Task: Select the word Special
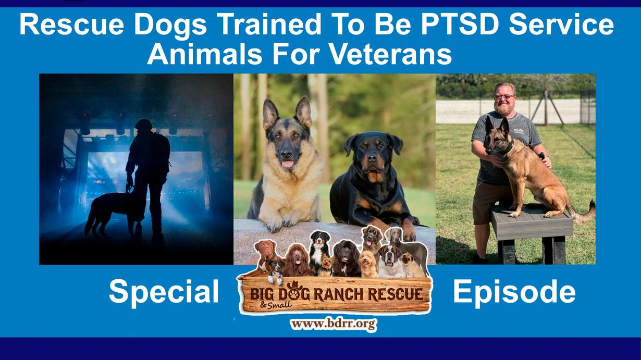click(164, 292)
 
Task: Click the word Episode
click(514, 291)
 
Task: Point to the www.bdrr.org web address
click(334, 324)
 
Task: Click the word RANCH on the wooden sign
click(339, 295)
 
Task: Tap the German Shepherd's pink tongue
click(288, 164)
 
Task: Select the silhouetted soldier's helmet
click(144, 124)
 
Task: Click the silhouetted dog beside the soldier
click(110, 212)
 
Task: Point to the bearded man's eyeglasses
click(504, 97)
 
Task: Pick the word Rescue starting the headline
click(71, 25)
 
